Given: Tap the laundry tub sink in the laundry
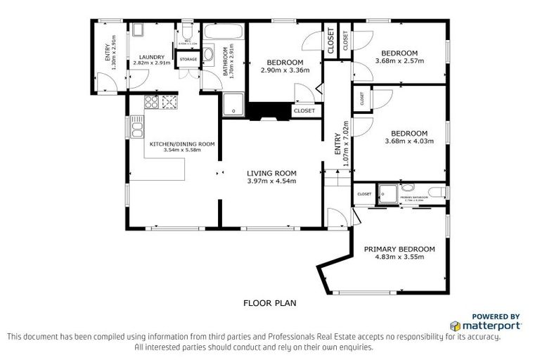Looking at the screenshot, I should [138, 30].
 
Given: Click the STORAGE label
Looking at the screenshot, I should [188, 60].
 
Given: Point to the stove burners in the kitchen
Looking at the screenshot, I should [169, 103].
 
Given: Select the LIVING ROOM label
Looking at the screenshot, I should [271, 173].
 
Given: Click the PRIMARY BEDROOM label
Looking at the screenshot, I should [399, 249].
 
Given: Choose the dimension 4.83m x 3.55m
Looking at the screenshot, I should [399, 257].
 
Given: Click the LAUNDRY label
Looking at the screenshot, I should [152, 57].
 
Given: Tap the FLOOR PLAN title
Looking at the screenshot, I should [269, 304].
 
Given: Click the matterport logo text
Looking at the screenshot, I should [490, 326].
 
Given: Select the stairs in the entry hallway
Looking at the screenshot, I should [337, 179].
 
